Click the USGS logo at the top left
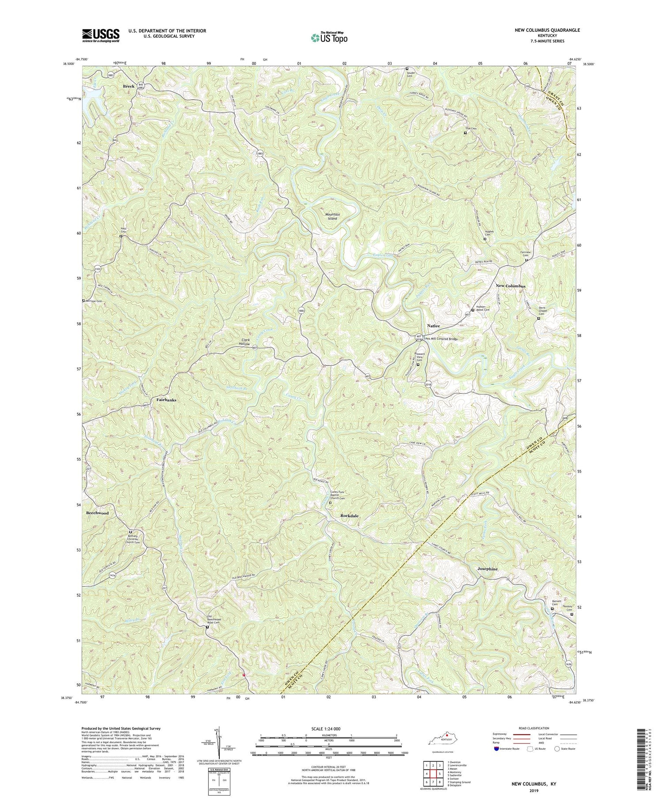101,35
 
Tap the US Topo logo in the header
328,38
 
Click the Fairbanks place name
166,400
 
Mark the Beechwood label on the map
97,513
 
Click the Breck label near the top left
128,86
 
